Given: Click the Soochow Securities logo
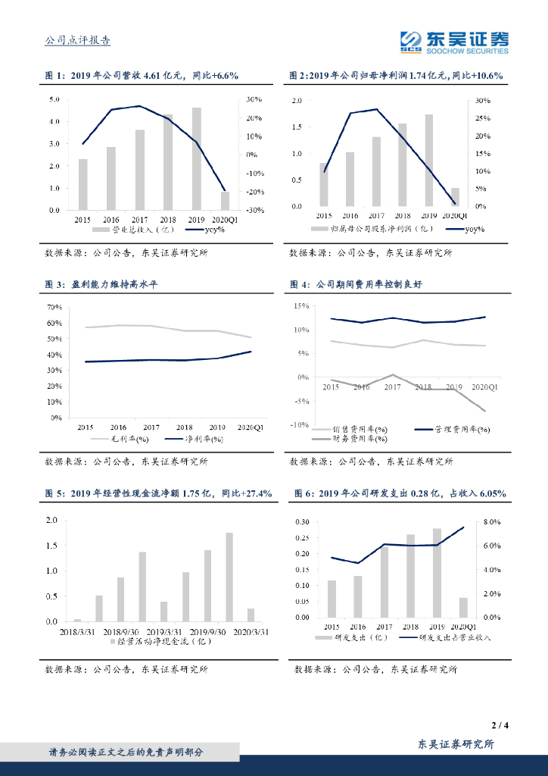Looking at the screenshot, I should pos(454,41).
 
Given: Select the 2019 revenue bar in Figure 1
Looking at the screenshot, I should pos(197,159).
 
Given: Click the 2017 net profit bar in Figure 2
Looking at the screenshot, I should pos(376,171).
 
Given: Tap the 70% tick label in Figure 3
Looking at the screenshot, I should pos(54,308).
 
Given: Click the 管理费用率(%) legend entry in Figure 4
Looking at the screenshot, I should pos(462,430).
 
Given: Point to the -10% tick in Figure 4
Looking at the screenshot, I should pos(300,424).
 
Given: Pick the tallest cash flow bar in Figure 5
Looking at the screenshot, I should pos(229,577).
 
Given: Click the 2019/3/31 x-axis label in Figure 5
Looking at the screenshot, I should pos(163,630).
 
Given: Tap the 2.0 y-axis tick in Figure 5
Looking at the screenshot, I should pos(52,520).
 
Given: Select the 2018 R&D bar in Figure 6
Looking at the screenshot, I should pos(410,576).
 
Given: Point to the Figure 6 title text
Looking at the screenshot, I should pos(398,494).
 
